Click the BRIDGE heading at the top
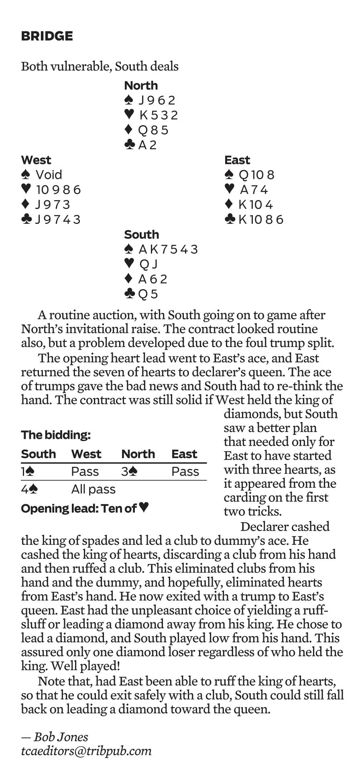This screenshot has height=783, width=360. click(x=47, y=36)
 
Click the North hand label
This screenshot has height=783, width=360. click(x=141, y=85)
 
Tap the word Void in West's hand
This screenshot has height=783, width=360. click(x=49, y=175)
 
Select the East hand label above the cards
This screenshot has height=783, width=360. click(x=237, y=160)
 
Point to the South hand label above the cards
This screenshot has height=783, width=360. click(x=141, y=235)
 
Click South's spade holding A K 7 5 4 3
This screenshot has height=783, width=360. click(x=168, y=250)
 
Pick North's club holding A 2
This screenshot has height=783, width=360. click(x=147, y=145)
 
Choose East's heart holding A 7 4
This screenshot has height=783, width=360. click(x=254, y=190)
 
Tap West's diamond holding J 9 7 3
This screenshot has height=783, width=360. click(x=52, y=205)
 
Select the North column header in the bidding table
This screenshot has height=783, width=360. click(x=138, y=454)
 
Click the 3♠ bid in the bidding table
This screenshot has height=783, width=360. click(x=129, y=471)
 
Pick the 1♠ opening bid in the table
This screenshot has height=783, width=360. click(x=28, y=471)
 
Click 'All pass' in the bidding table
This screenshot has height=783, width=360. click(x=93, y=489)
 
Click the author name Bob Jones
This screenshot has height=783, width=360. click(x=61, y=737)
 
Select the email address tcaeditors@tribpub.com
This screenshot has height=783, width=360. click(x=86, y=751)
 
